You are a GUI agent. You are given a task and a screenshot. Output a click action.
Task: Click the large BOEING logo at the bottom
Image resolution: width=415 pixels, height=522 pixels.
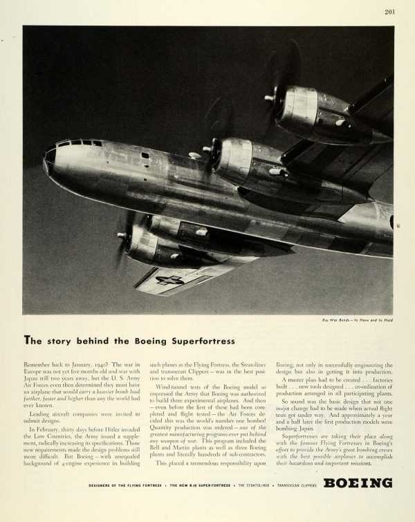tap(358, 483)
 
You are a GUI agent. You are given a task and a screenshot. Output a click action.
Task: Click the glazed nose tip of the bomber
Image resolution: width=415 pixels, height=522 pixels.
tap(48, 161)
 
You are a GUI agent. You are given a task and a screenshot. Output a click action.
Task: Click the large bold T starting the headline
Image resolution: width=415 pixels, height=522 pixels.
tap(28, 340)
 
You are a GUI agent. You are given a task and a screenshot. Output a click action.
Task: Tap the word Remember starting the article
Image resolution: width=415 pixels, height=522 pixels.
tap(38, 362)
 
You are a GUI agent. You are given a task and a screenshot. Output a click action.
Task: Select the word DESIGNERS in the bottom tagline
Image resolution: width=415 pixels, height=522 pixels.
tap(104, 485)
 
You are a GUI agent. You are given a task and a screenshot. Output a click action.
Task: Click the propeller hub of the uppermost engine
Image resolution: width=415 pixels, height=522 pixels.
tap(269, 98)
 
